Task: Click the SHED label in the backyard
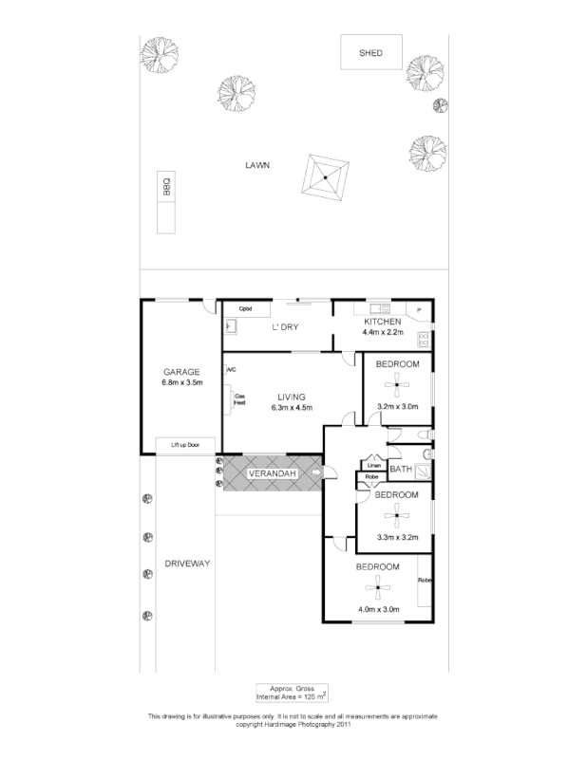(370, 53)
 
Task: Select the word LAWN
(256, 164)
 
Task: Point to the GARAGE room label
(180, 371)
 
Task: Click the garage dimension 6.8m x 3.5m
(181, 382)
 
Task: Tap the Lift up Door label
(185, 444)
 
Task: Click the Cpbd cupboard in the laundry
(245, 308)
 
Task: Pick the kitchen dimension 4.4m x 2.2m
(383, 333)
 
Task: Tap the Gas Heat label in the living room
(240, 398)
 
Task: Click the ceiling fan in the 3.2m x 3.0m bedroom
(396, 383)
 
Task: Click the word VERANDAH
(273, 472)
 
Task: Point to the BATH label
(401, 469)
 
